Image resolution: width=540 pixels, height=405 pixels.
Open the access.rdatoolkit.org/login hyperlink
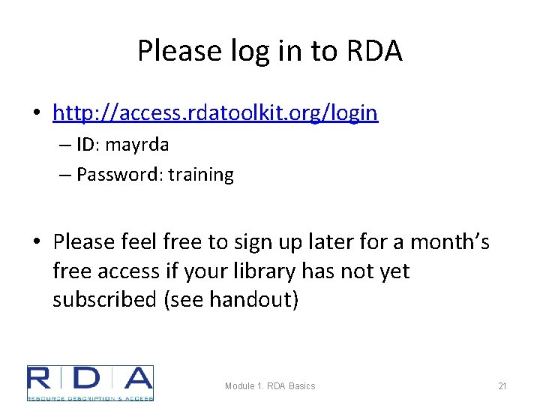point(215,113)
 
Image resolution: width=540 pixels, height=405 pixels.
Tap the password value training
point(201,175)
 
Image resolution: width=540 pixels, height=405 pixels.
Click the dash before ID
point(62,144)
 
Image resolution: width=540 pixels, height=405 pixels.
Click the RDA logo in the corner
point(90,383)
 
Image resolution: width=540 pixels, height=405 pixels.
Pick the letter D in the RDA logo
point(89,379)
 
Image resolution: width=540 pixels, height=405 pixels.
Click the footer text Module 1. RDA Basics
point(270,386)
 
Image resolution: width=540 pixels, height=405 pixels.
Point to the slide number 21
point(502,386)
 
